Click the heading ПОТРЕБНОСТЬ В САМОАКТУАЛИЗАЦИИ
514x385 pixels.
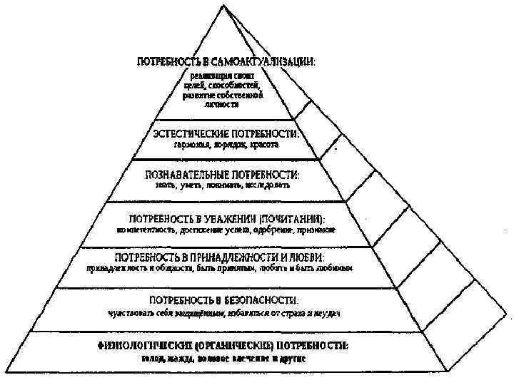point(226,63)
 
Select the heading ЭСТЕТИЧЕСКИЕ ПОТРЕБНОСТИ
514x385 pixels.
point(226,133)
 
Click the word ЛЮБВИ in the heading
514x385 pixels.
point(308,256)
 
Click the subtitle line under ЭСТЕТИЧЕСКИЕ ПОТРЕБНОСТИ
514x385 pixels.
point(226,145)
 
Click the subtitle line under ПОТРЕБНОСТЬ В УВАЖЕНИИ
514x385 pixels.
point(226,231)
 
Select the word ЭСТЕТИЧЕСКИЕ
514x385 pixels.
point(188,133)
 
